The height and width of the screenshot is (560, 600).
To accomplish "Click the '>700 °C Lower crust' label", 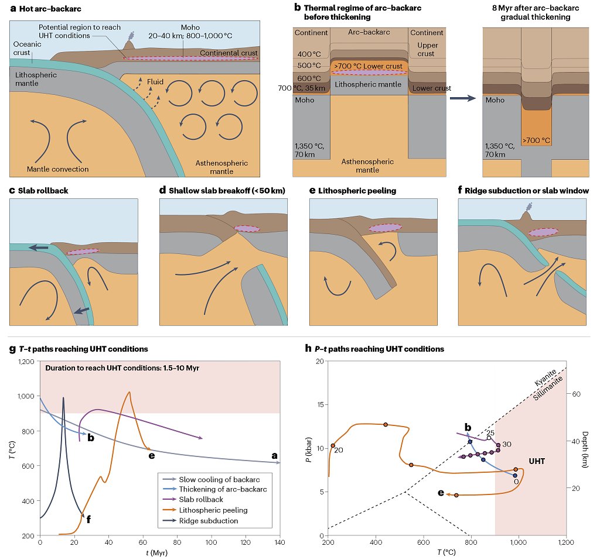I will (368, 66).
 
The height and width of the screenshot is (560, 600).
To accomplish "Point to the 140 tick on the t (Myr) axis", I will (280, 544).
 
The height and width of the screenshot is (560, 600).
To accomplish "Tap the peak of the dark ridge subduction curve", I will (63, 398).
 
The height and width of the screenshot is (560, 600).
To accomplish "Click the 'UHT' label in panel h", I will (537, 461).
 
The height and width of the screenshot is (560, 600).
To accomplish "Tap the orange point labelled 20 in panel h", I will (333, 446).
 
